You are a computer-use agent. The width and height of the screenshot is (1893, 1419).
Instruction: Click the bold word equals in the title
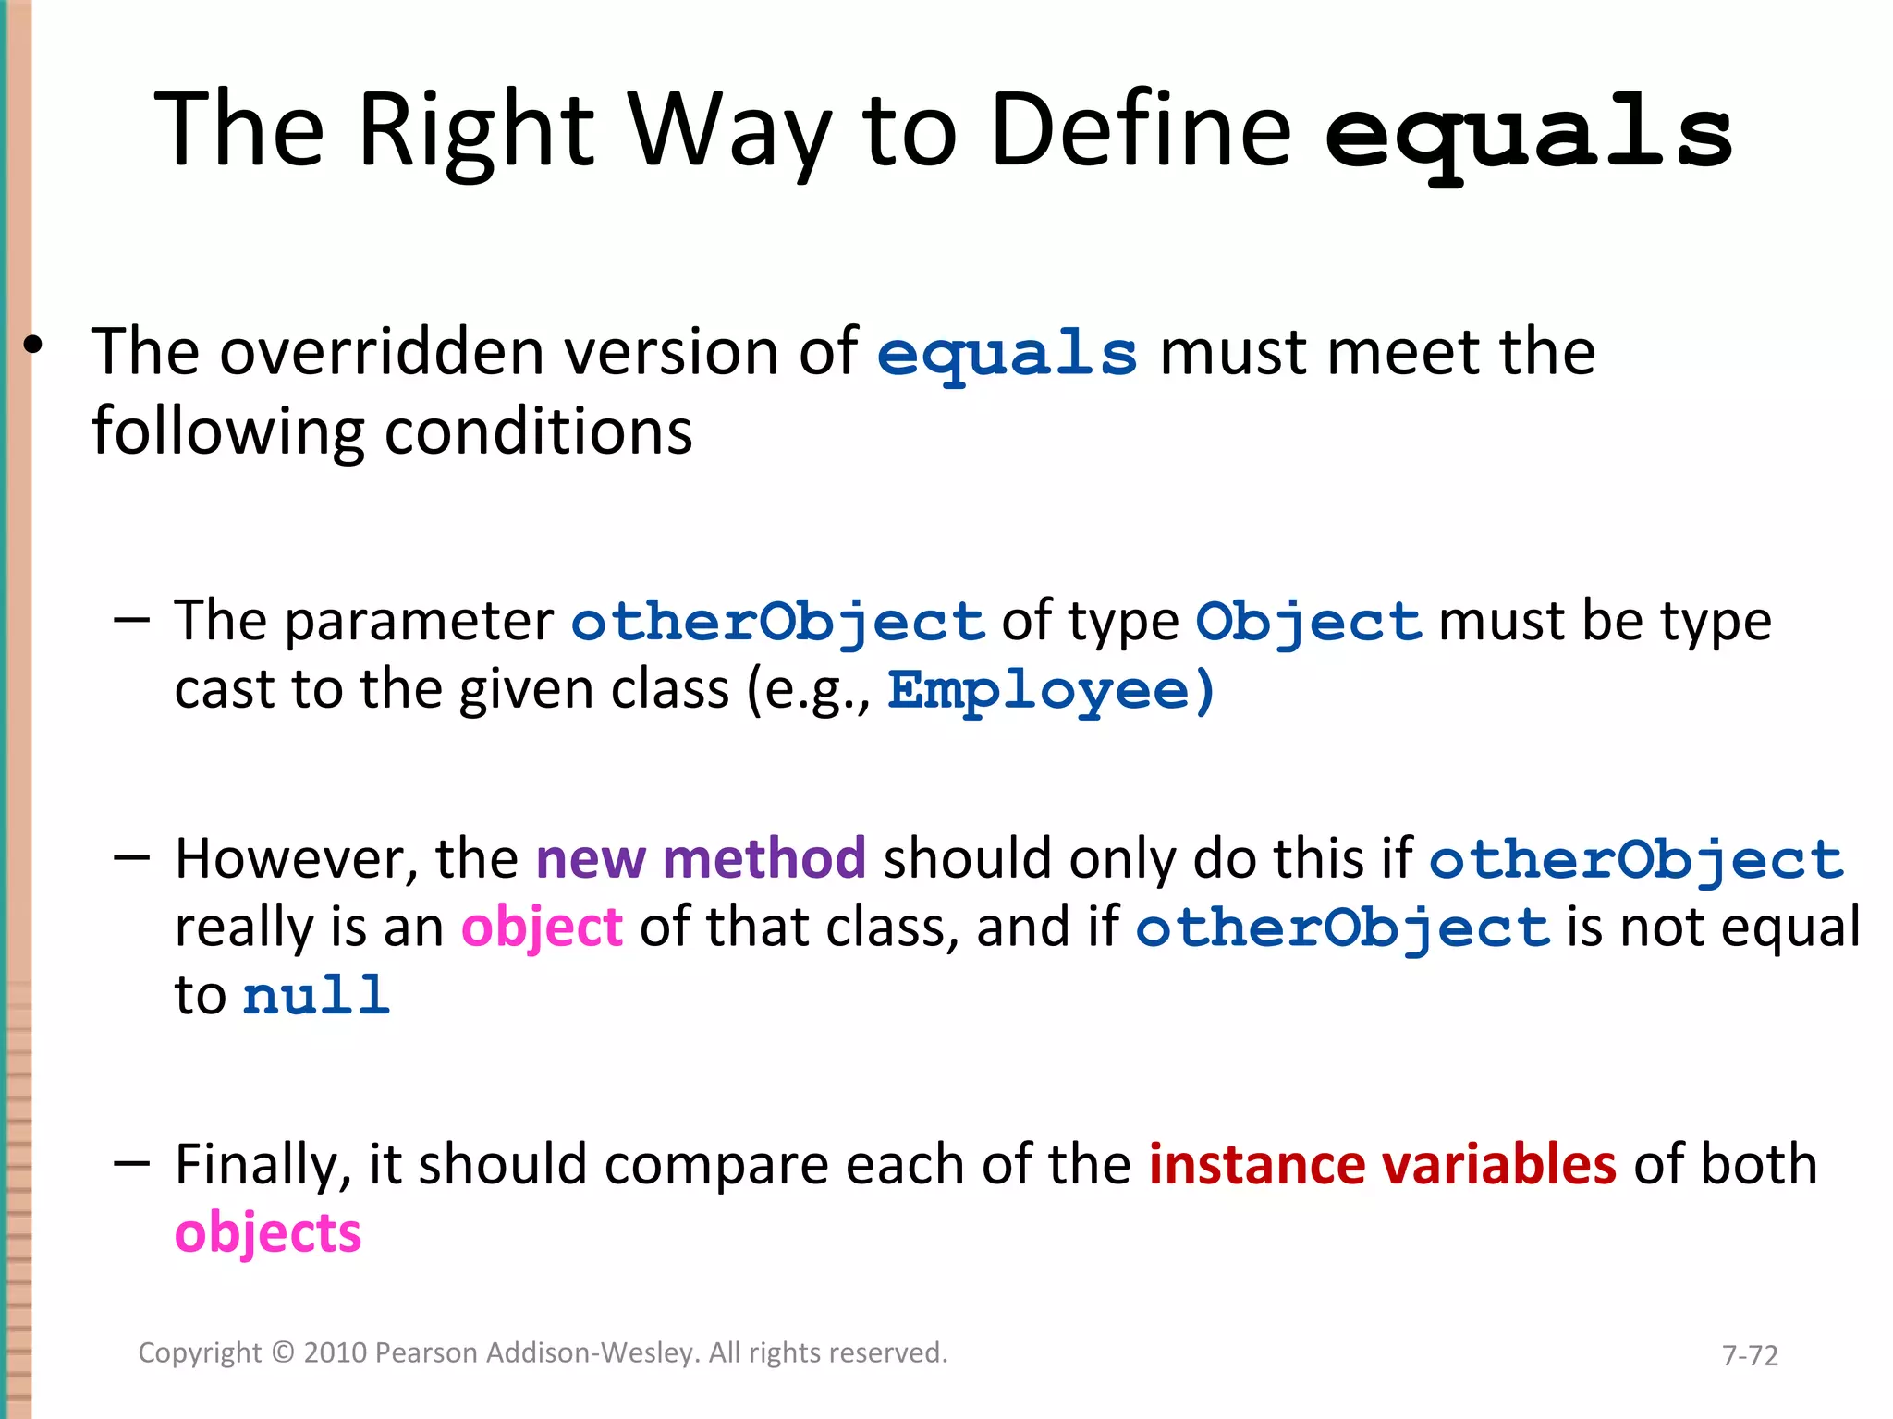(1529, 135)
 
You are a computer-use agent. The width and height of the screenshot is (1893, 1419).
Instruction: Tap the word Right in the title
(475, 130)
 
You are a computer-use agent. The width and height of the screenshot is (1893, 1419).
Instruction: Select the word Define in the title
(1140, 130)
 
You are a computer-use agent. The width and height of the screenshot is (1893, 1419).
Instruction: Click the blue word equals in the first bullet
(1007, 355)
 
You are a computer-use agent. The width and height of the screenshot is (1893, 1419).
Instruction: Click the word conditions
(538, 432)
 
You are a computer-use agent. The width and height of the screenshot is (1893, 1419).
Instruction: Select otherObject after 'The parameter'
(778, 622)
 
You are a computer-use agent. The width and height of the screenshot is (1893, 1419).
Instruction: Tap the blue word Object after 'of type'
(1308, 622)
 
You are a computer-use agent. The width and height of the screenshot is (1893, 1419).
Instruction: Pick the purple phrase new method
(701, 858)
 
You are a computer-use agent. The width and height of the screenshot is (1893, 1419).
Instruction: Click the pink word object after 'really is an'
(542, 928)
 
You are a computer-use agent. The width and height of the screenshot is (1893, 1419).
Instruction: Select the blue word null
(316, 997)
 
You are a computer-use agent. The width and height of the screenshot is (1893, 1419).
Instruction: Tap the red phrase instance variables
(1382, 1164)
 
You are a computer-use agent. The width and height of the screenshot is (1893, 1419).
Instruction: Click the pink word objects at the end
(268, 1233)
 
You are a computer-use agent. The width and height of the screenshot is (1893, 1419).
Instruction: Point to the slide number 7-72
(1750, 1355)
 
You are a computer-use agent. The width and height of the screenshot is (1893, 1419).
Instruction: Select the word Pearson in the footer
(426, 1352)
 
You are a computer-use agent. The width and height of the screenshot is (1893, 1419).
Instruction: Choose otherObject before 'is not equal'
(1342, 928)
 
